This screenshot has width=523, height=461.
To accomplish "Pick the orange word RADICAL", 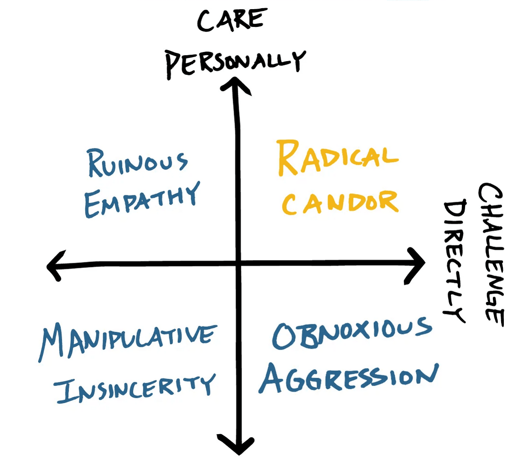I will point(338,157).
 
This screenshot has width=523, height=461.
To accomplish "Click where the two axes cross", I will point(238,263).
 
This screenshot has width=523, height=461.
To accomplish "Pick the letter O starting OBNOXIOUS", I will point(286,337).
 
